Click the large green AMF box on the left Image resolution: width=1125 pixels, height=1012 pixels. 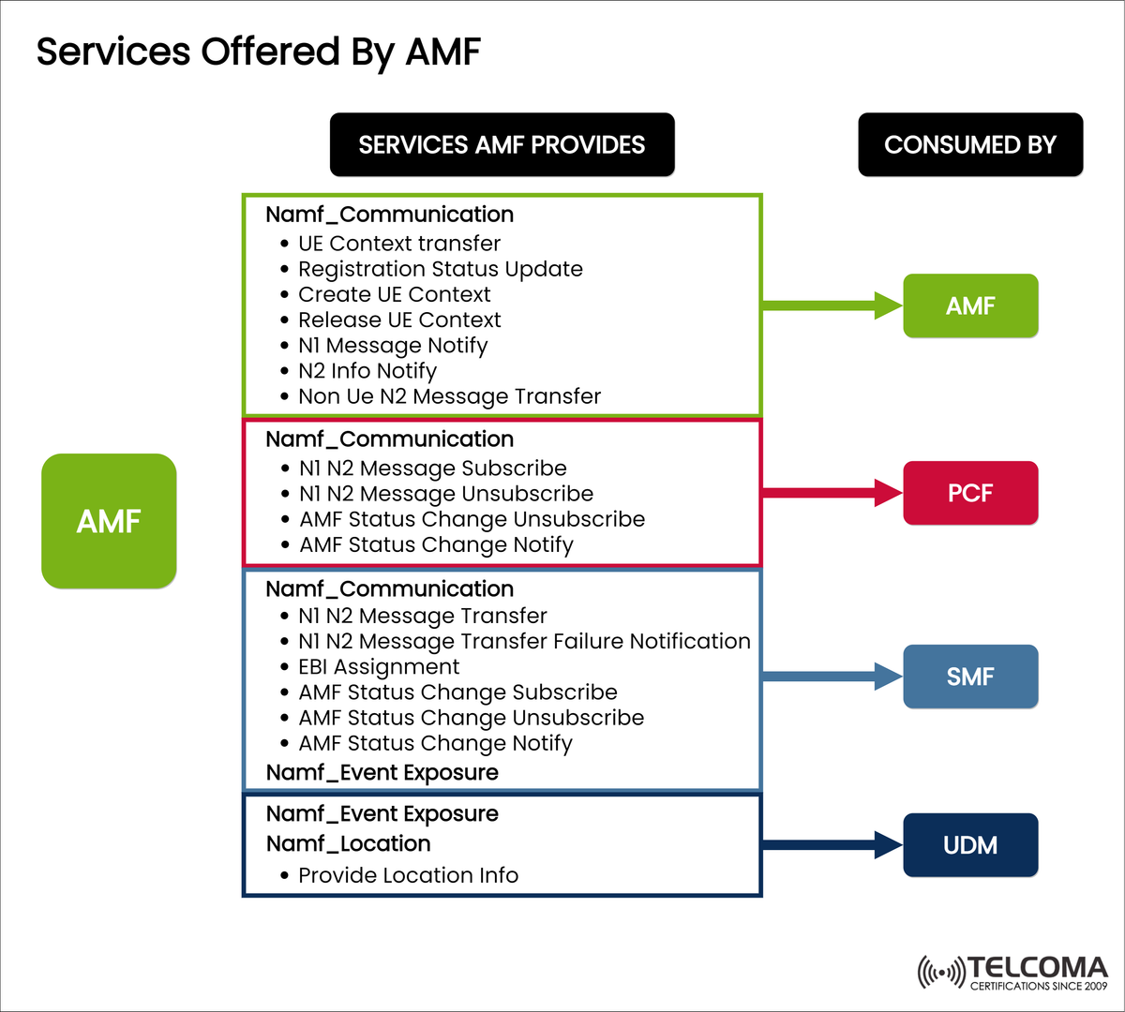[109, 521]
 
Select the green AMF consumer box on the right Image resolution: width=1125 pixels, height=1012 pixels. [970, 305]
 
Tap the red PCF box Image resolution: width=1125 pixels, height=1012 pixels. [970, 493]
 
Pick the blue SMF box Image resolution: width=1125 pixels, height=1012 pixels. [970, 677]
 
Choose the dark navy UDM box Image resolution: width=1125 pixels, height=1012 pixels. [970, 845]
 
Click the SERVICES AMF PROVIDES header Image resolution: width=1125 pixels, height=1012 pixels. [502, 145]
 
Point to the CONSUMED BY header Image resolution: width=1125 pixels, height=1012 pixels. [970, 145]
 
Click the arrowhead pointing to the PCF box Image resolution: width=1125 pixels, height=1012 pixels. [888, 492]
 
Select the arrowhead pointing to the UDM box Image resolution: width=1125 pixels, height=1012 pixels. [888, 844]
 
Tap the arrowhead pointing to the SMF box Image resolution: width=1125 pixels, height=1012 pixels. [888, 676]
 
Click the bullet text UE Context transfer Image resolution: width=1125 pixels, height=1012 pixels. [399, 244]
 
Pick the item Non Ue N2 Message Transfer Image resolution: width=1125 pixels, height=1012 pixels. [449, 396]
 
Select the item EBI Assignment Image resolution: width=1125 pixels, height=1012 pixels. [379, 667]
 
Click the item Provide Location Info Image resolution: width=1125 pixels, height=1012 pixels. [408, 875]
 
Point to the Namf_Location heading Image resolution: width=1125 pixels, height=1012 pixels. [348, 843]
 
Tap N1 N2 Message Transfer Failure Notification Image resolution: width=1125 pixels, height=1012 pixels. [524, 642]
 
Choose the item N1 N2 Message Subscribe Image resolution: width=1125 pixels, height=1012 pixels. [432, 469]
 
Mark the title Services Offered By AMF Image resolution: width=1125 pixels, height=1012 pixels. [258, 52]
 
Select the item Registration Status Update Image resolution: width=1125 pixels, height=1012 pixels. [440, 269]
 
